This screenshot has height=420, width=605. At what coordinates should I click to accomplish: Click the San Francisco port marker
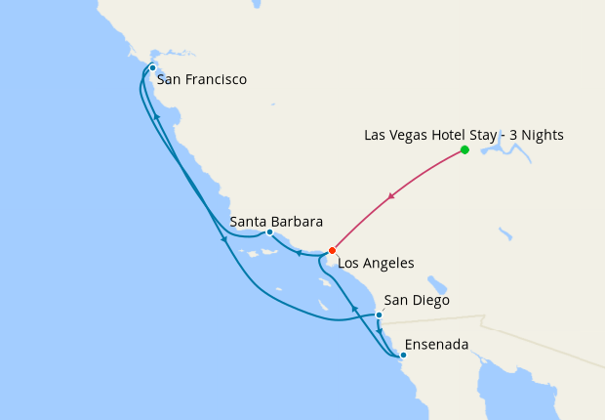click(x=152, y=67)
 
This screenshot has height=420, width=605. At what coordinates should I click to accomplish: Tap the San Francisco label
click(x=201, y=79)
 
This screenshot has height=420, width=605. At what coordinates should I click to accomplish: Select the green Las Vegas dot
click(x=464, y=149)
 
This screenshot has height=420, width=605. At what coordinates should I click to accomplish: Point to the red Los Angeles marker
click(x=333, y=250)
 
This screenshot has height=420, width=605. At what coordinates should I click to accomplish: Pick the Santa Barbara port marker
click(x=269, y=232)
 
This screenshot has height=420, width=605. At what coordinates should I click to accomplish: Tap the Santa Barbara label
click(x=276, y=221)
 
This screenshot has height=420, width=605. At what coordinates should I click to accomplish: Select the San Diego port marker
click(x=379, y=315)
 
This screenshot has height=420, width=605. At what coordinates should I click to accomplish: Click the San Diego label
click(x=417, y=300)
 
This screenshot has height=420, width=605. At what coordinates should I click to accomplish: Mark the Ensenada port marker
click(x=403, y=356)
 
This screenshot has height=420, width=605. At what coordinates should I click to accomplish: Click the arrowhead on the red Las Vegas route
click(x=391, y=198)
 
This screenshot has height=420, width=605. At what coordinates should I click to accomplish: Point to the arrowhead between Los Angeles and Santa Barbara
click(x=299, y=253)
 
